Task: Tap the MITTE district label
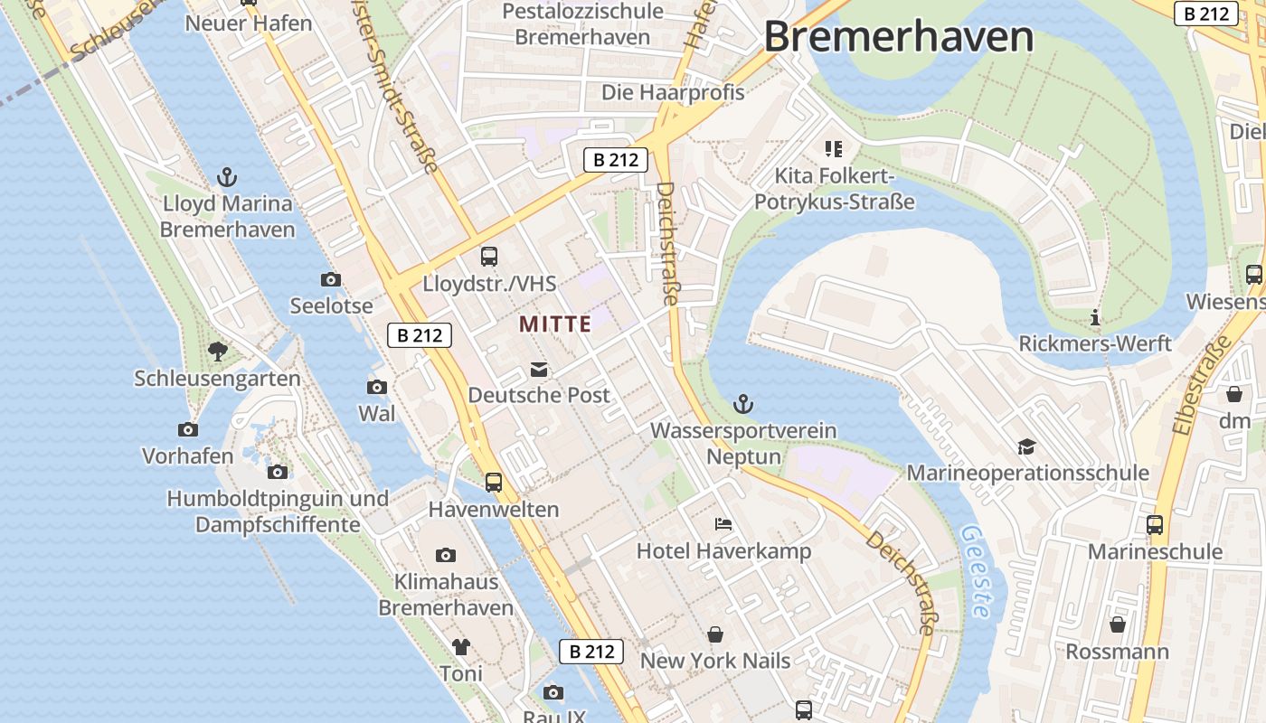[555, 324]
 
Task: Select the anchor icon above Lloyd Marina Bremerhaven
[227, 177]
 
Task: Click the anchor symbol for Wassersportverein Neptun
[743, 404]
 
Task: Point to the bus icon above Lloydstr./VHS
[489, 257]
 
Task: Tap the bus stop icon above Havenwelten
[493, 483]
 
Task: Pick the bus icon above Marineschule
[1155, 525]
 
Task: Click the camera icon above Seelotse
[331, 280]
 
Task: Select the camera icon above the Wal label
[377, 388]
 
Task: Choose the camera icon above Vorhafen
[188, 430]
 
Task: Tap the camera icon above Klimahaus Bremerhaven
[445, 555]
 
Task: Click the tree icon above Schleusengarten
[217, 351]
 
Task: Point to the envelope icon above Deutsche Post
[539, 369]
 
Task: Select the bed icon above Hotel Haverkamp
[723, 524]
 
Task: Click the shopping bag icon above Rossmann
[1118, 624]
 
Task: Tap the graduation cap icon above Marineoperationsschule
[1026, 446]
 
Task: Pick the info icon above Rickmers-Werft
[1095, 317]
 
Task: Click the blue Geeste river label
[974, 572]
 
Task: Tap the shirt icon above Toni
[461, 647]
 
